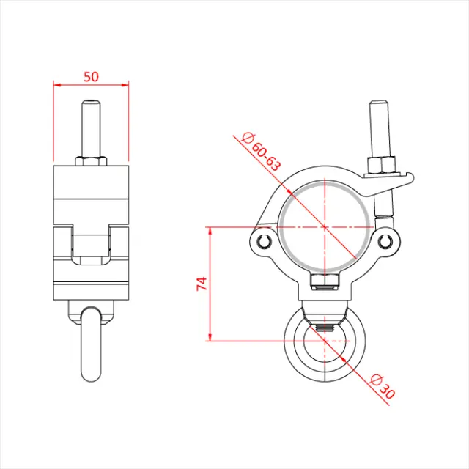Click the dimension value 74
pyautogui.click(x=202, y=284)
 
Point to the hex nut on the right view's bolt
pyautogui.click(x=383, y=163)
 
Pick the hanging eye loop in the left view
pyautogui.click(x=90, y=344)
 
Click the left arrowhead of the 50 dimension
pyautogui.click(x=56, y=84)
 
